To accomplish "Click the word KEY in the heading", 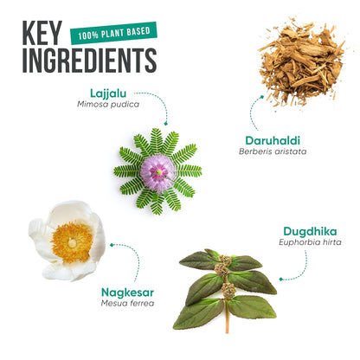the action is [x=42, y=33].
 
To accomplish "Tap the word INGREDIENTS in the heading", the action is [x=90, y=61].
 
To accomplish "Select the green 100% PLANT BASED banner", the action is [x=113, y=33].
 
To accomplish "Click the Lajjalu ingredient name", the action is [x=108, y=93].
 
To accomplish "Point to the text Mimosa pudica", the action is [x=108, y=104].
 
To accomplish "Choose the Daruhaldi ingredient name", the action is [x=273, y=140].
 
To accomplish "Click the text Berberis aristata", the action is [x=273, y=151].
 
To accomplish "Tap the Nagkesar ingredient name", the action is [x=127, y=292].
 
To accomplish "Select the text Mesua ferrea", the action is [x=127, y=303].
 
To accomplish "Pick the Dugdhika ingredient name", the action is [x=310, y=231].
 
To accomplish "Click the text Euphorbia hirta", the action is [x=310, y=242].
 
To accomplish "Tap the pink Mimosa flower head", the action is [x=158, y=172].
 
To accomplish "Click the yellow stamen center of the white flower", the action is [x=72, y=241].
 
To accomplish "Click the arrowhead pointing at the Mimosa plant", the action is [x=165, y=124].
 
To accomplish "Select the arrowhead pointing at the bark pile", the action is [x=261, y=97].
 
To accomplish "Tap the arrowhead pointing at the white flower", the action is [x=112, y=245].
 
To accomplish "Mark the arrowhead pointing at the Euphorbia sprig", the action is [x=281, y=279].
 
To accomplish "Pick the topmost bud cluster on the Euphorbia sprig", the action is [x=225, y=260].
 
